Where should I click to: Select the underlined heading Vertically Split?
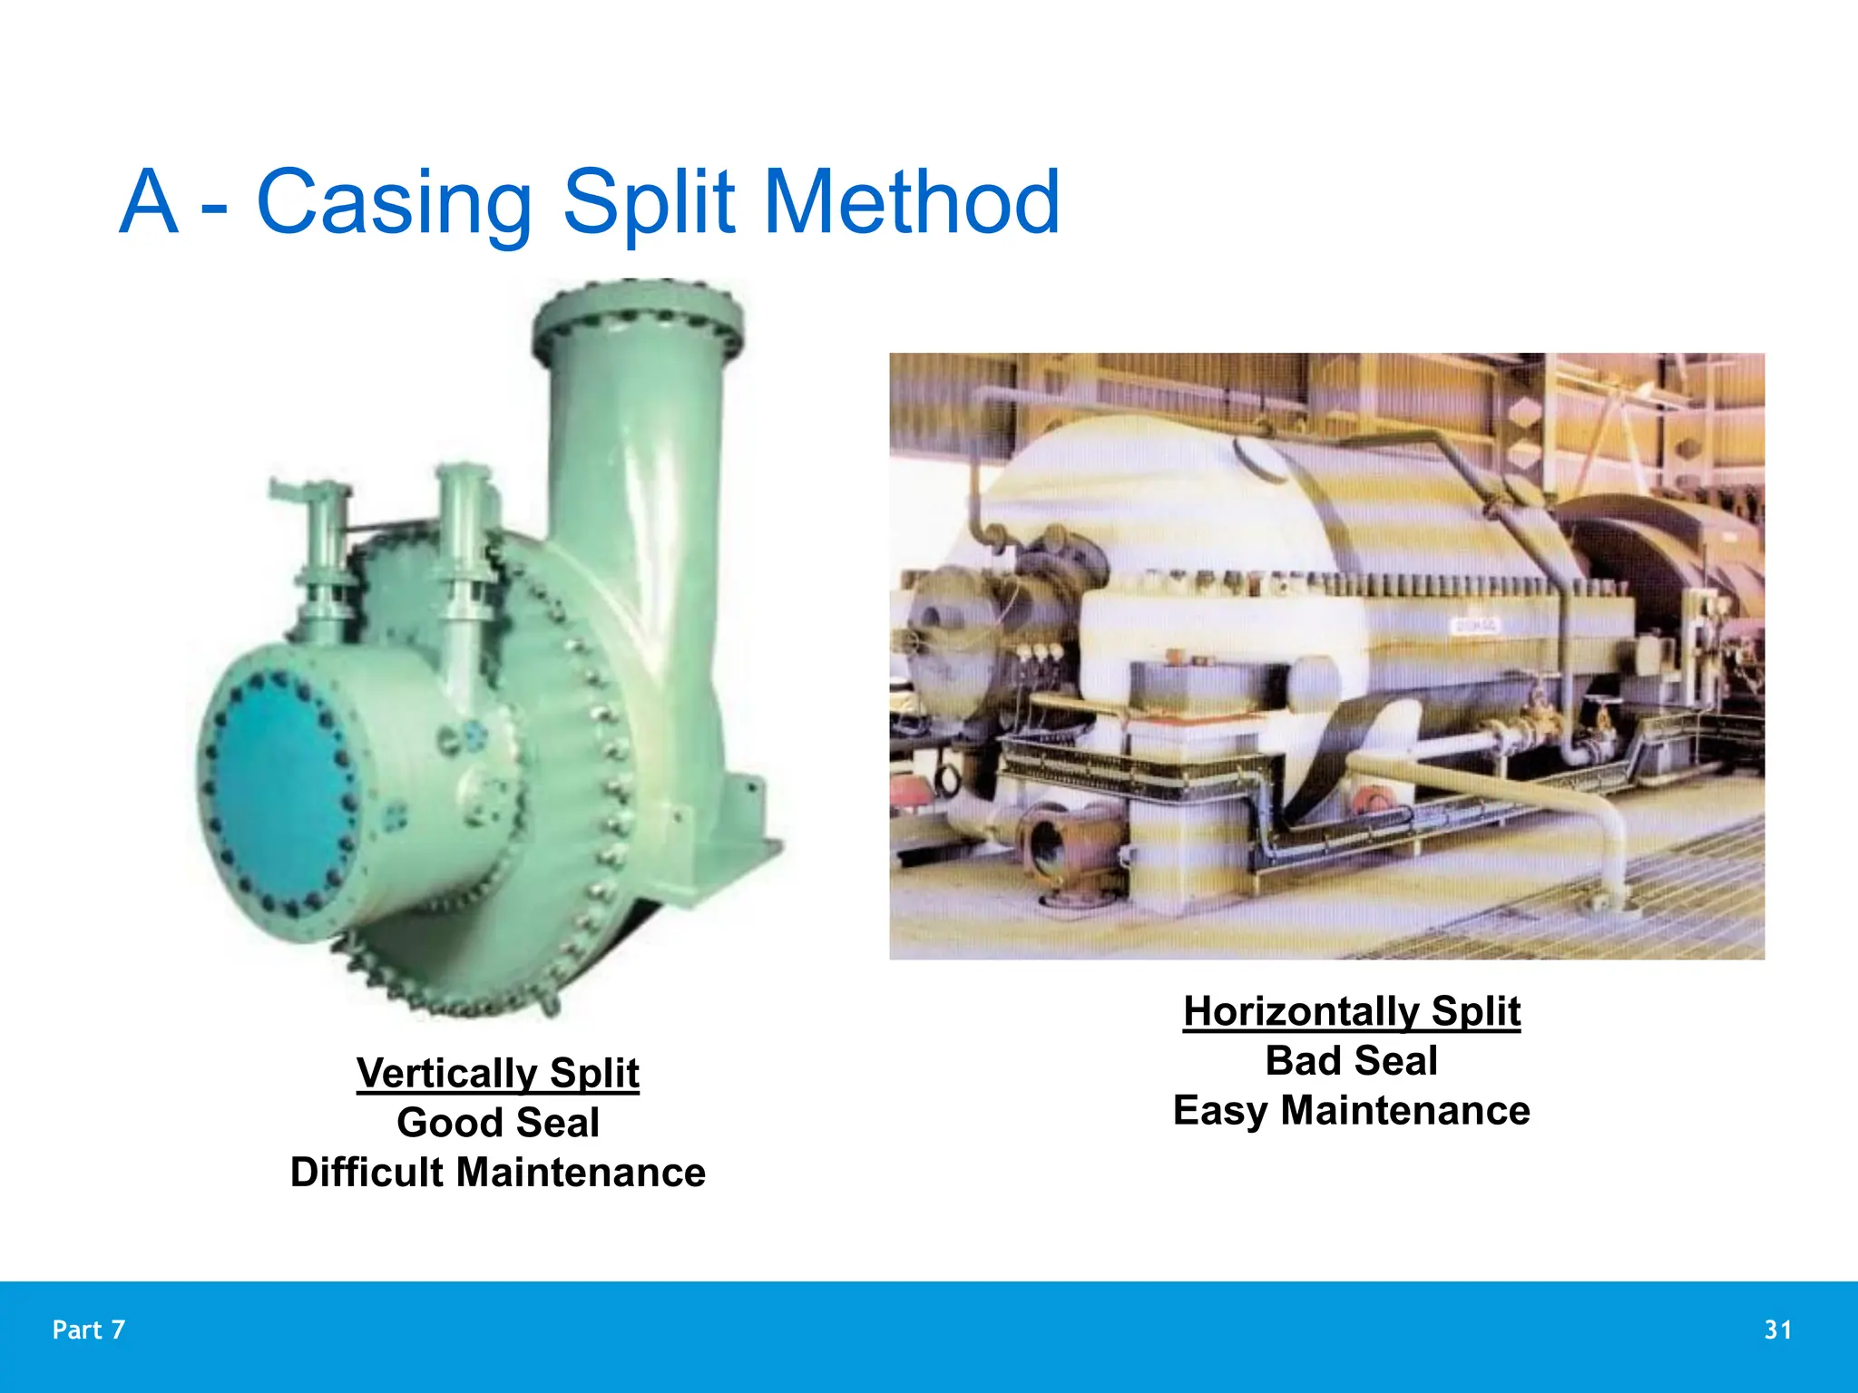pyautogui.click(x=498, y=1073)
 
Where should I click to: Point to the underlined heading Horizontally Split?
pyautogui.click(x=1352, y=1011)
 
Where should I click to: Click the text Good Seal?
pyautogui.click(x=498, y=1123)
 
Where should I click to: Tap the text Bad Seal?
pyautogui.click(x=1352, y=1061)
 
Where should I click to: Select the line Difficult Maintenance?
pyautogui.click(x=498, y=1172)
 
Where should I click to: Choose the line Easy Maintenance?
pyautogui.click(x=1352, y=1111)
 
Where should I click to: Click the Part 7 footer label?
pyautogui.click(x=89, y=1330)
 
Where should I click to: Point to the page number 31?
pyautogui.click(x=1778, y=1330)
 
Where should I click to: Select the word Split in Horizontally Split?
pyautogui.click(x=1475, y=1011)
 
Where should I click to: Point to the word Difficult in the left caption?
pyautogui.click(x=367, y=1172)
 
